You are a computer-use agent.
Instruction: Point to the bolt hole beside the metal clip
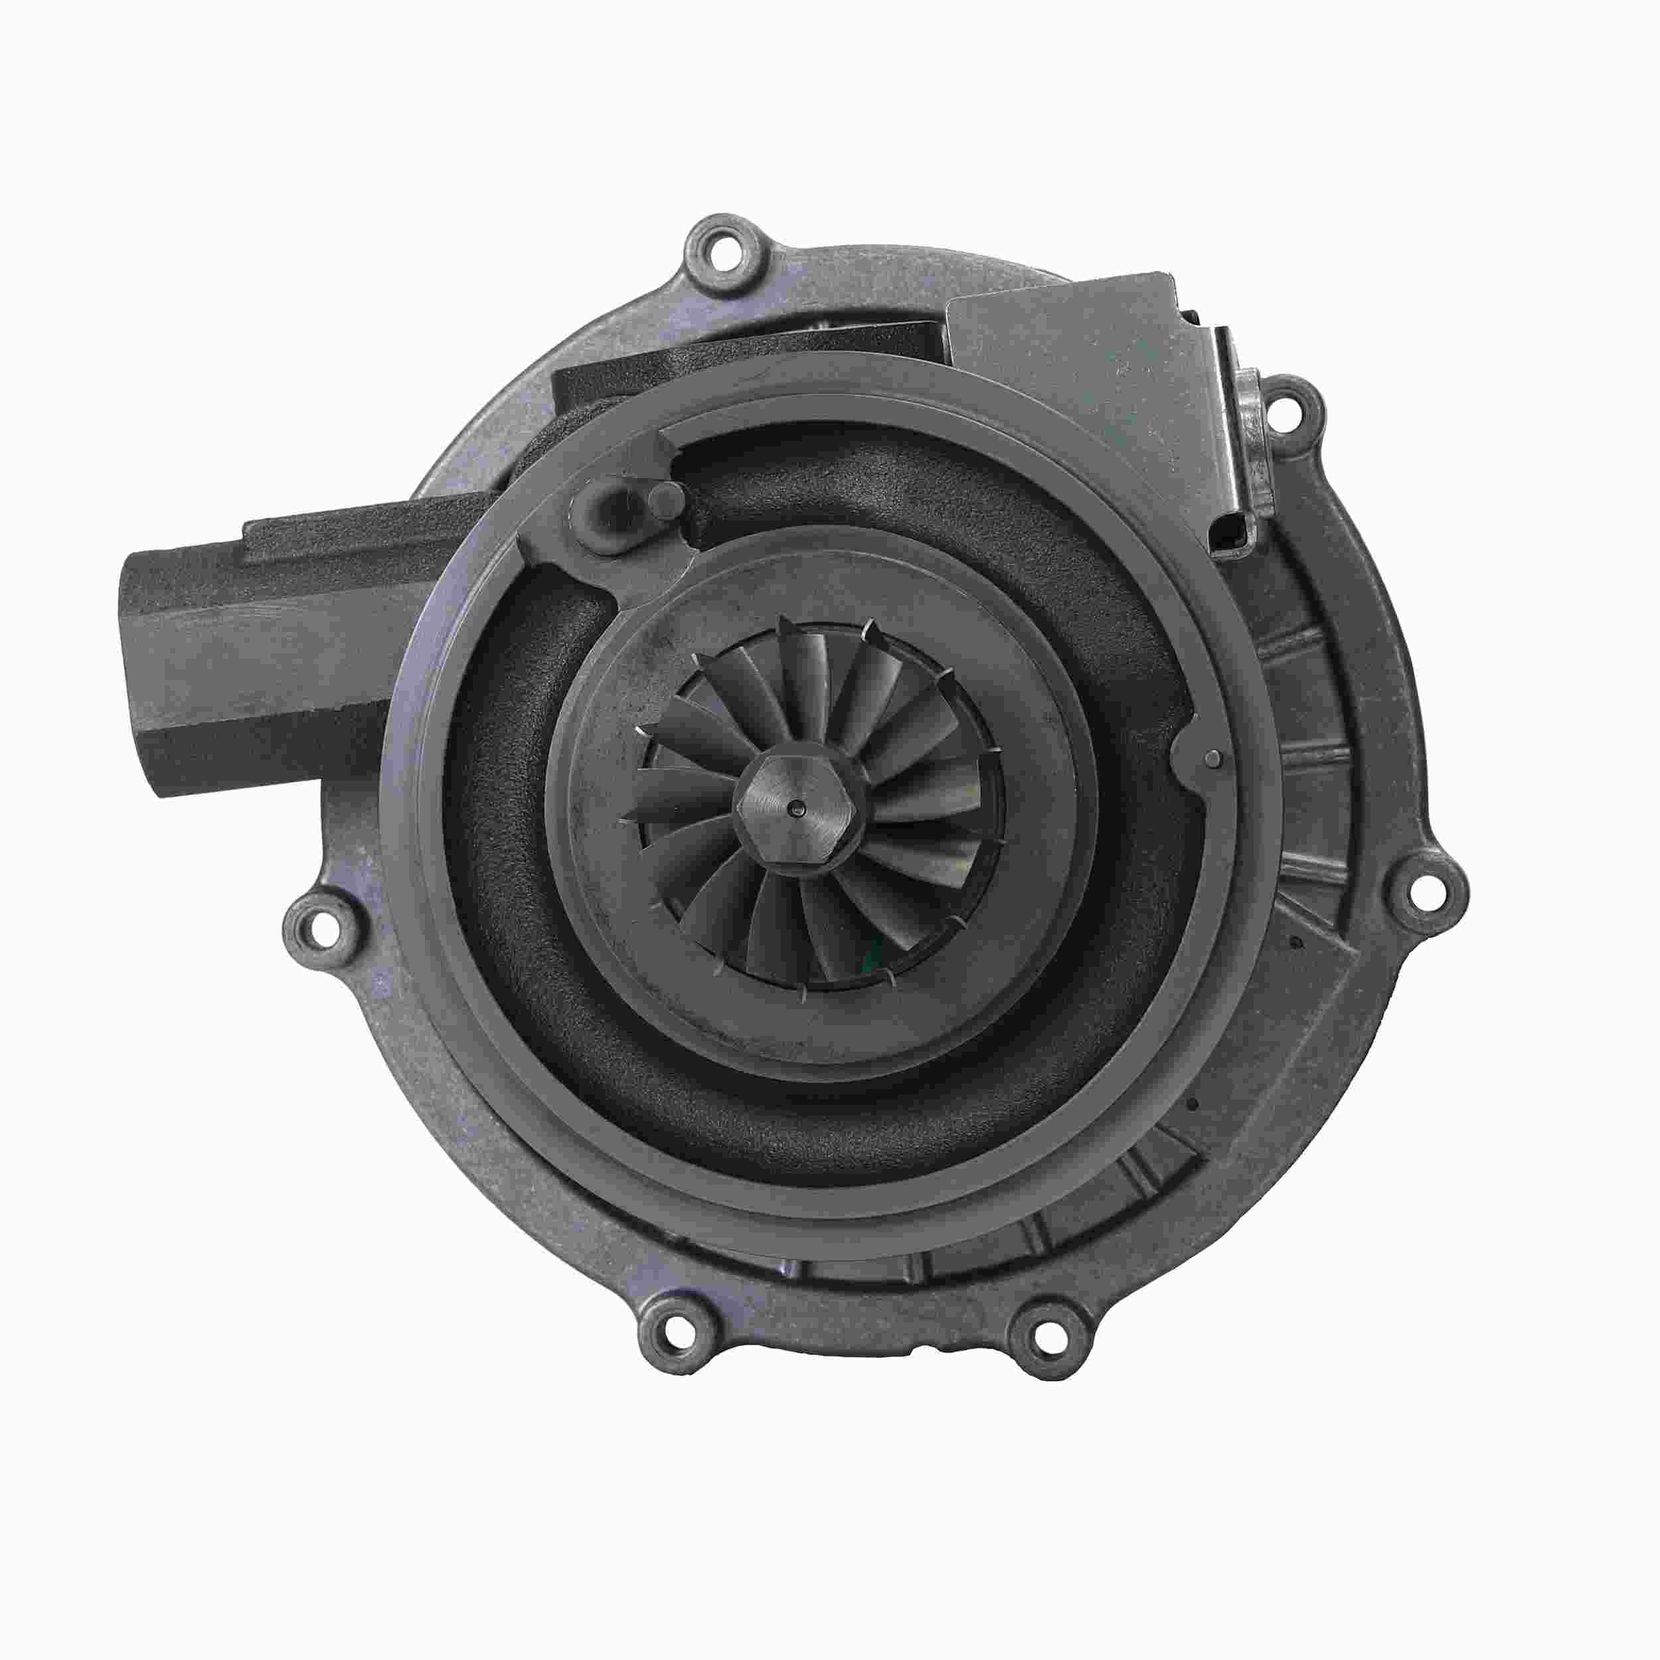pyautogui.click(x=1285, y=403)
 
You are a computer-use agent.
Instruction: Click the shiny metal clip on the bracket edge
pyautogui.click(x=1243, y=447)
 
